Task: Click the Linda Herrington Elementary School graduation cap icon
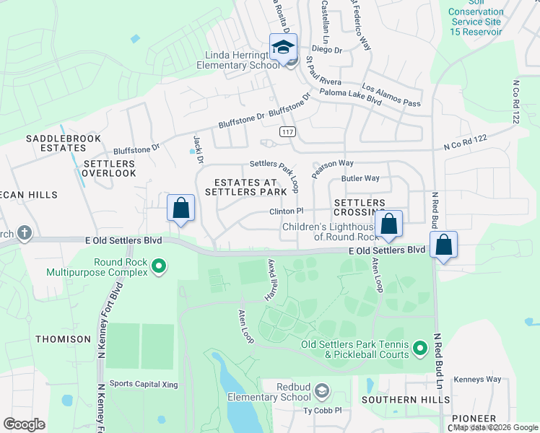click(282, 48)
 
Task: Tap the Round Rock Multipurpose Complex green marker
click(157, 268)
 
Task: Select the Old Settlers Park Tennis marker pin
click(420, 351)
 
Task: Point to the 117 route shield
click(287, 131)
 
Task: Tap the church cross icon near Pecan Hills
click(25, 233)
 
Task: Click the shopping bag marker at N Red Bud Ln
click(443, 245)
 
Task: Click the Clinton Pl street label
click(287, 211)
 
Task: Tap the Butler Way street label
click(360, 178)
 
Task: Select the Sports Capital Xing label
click(143, 385)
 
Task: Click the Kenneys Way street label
click(476, 380)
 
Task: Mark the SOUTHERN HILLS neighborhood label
click(406, 399)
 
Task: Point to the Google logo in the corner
click(25, 424)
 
